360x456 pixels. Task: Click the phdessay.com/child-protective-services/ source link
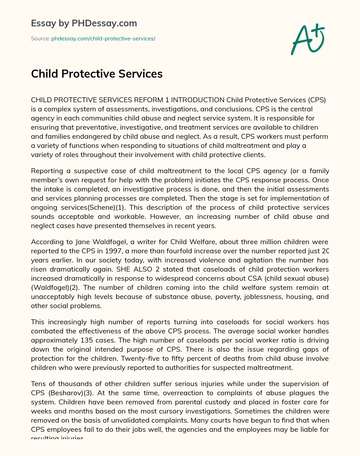[x=103, y=39]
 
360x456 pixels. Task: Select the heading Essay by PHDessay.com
[x=84, y=24]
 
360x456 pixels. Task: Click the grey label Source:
[x=40, y=39]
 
